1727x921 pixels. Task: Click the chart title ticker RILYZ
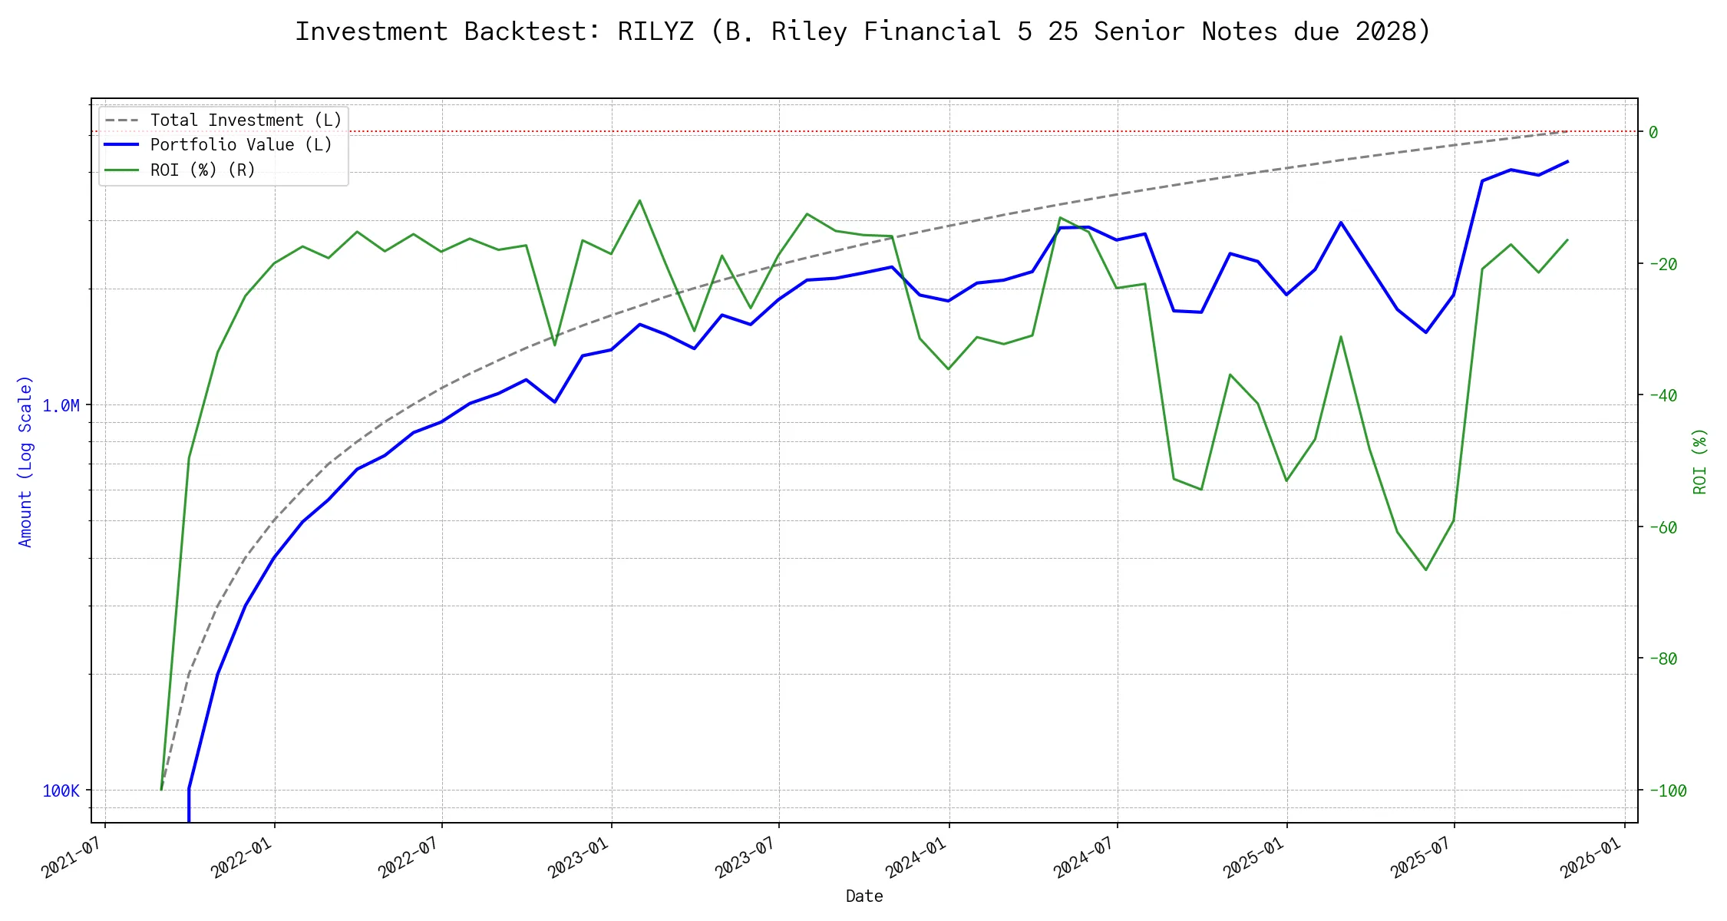point(655,31)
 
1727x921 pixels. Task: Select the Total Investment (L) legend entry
point(245,120)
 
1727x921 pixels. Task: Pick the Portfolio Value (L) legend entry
point(240,145)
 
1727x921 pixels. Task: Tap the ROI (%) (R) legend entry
point(202,170)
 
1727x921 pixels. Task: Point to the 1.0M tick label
point(61,405)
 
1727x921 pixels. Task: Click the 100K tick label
point(61,791)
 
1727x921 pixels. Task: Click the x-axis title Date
point(864,896)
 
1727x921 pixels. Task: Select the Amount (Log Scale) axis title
point(25,460)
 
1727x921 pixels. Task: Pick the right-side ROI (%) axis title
point(1699,460)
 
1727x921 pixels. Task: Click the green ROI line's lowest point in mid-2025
point(1426,569)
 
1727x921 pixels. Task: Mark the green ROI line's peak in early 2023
point(639,200)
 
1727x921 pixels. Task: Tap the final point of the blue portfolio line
point(1567,161)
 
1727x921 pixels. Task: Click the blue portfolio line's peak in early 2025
point(1341,223)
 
